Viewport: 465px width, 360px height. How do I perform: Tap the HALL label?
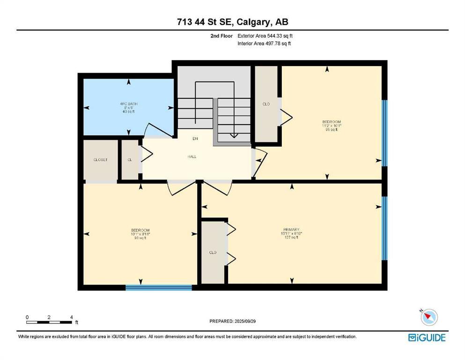[192, 157]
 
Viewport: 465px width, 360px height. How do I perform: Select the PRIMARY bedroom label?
[290, 230]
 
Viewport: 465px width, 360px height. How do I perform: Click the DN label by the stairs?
[195, 139]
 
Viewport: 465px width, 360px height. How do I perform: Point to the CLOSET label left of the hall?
[100, 160]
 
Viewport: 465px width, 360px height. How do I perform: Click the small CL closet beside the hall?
[130, 160]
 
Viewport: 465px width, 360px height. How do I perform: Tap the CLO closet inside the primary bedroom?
[213, 253]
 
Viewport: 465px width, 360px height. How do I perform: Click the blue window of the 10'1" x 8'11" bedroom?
[159, 287]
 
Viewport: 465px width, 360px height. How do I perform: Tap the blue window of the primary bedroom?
[384, 228]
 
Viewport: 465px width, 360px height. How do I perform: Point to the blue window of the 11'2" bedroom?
[384, 133]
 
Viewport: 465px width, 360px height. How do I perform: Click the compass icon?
[428, 317]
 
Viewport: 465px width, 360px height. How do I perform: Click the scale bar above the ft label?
[49, 322]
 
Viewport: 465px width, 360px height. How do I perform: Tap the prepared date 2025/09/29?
[233, 321]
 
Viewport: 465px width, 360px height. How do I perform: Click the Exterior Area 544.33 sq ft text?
[267, 36]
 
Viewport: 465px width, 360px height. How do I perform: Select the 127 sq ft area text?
[290, 237]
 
